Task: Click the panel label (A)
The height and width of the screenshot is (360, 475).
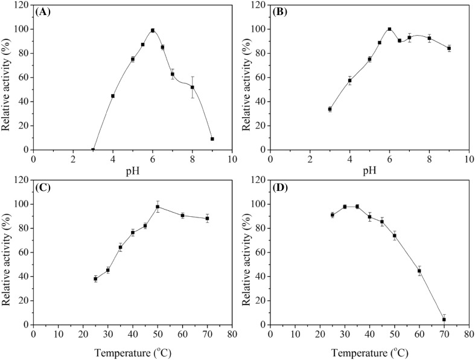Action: (46, 12)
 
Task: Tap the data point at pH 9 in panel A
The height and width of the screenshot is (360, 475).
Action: (212, 139)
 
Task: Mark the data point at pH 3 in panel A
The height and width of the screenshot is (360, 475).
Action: (93, 150)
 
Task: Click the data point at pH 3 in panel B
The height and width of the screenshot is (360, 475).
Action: (330, 109)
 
